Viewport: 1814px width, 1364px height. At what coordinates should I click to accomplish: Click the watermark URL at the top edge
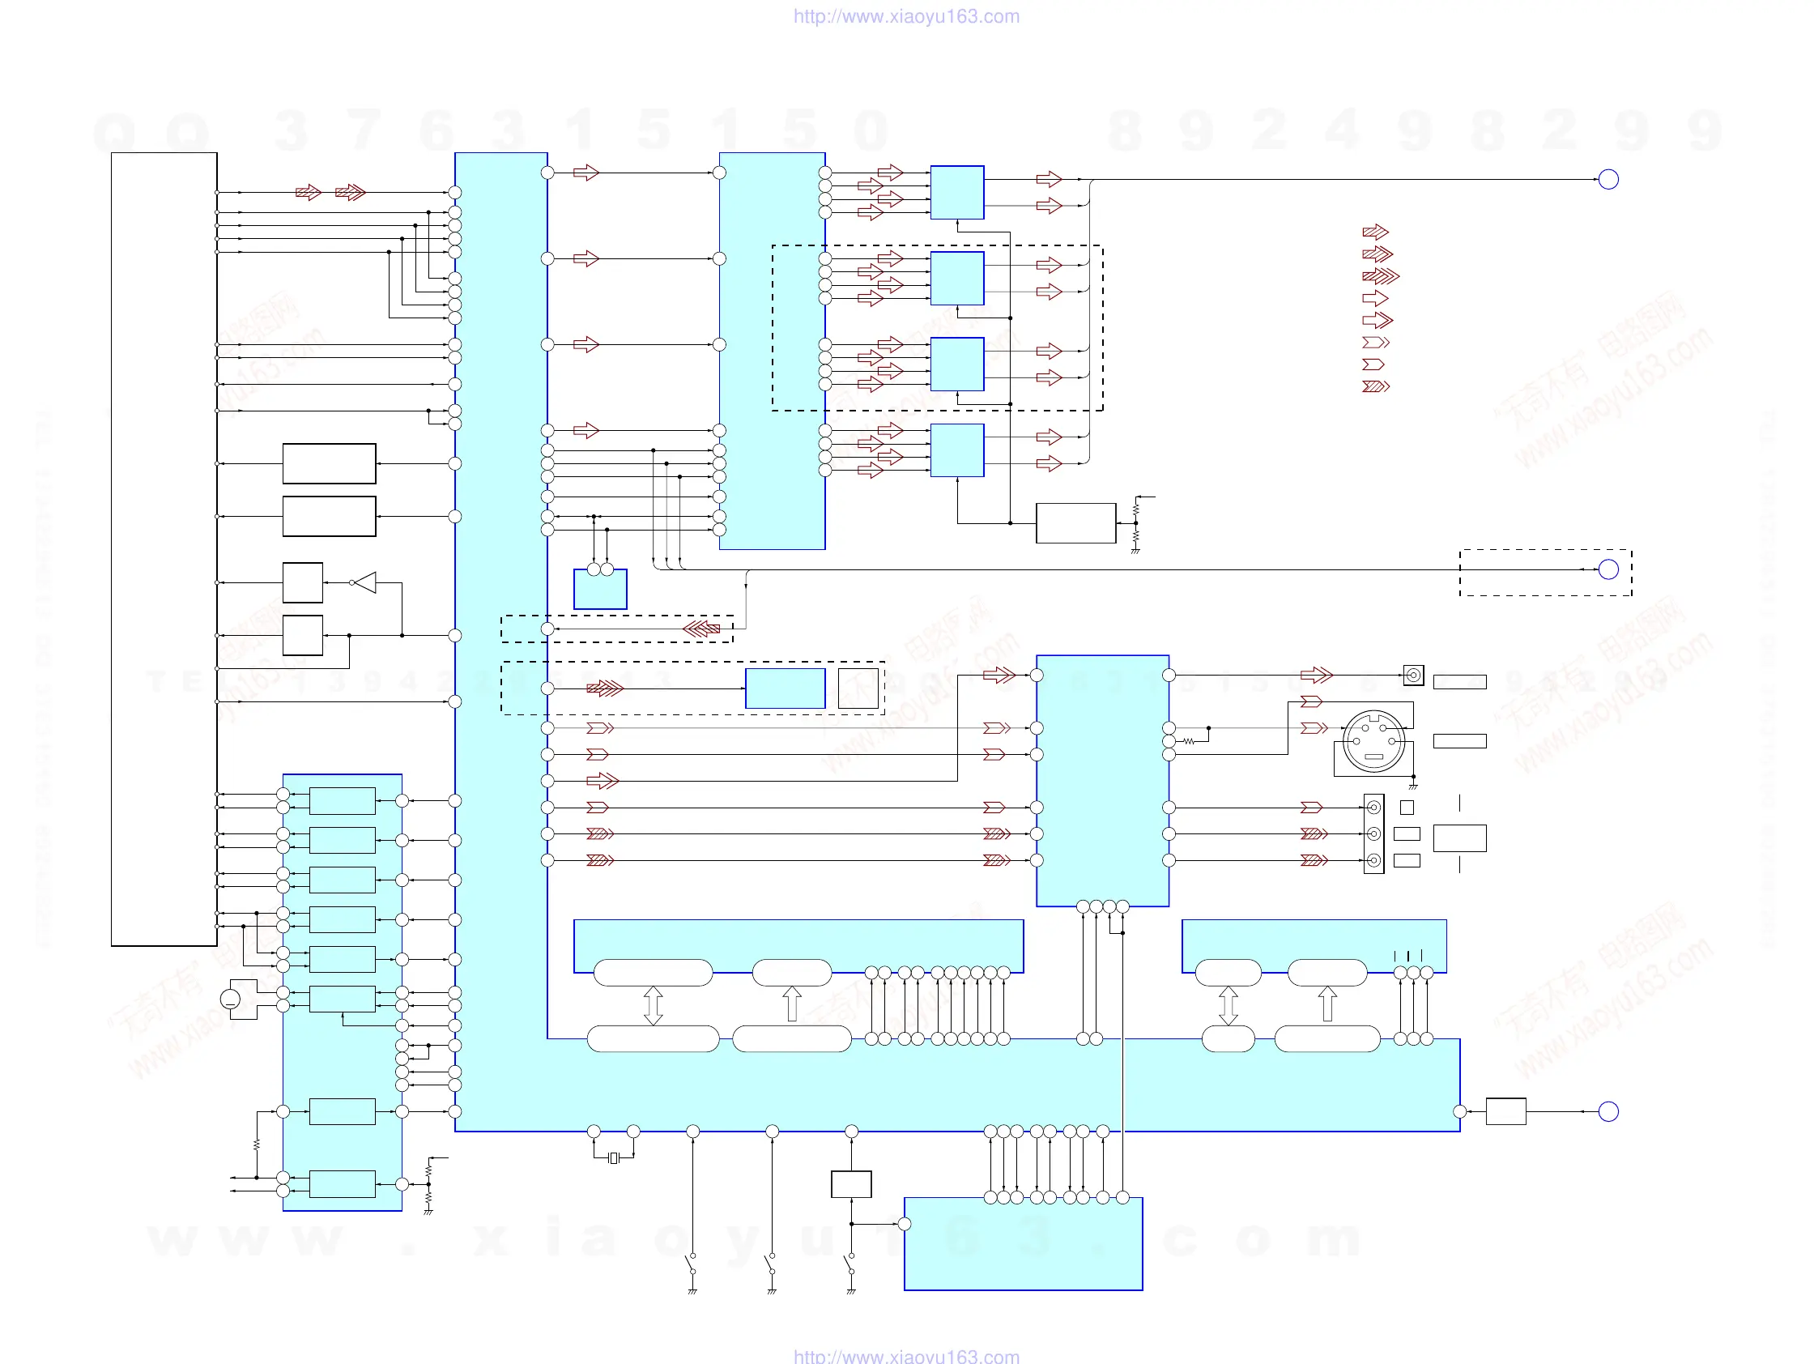click(x=905, y=16)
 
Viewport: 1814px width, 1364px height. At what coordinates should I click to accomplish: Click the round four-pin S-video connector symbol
click(x=1373, y=741)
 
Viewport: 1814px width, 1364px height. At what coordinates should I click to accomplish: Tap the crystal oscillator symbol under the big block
click(x=612, y=1158)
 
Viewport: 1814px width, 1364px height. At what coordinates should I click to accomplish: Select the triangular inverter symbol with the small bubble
click(x=364, y=582)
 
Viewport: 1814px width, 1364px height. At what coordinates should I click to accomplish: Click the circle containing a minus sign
click(x=231, y=999)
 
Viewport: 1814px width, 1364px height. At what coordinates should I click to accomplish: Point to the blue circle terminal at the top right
click(x=1607, y=179)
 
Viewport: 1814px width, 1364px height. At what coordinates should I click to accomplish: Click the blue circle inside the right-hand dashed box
click(x=1607, y=569)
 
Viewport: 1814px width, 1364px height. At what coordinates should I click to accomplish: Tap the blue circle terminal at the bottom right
click(x=1607, y=1111)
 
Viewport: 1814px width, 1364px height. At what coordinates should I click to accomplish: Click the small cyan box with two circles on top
click(x=600, y=588)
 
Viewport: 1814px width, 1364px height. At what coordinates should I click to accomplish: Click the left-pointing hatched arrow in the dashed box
click(x=701, y=629)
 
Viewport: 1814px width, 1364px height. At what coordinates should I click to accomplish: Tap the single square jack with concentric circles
click(x=1413, y=675)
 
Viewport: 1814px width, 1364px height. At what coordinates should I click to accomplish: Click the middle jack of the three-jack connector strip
click(x=1373, y=834)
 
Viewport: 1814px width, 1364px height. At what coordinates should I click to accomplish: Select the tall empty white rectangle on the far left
click(x=164, y=548)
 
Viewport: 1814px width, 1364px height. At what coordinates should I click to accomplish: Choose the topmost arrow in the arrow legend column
click(x=1374, y=232)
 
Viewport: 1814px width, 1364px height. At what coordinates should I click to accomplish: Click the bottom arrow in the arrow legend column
click(x=1375, y=386)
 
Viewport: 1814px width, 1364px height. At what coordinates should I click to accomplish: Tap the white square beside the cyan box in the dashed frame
click(x=858, y=688)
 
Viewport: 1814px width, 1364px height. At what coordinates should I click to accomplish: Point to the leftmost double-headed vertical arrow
click(x=653, y=1005)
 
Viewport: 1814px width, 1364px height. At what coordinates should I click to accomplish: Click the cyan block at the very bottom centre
click(x=1023, y=1243)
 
